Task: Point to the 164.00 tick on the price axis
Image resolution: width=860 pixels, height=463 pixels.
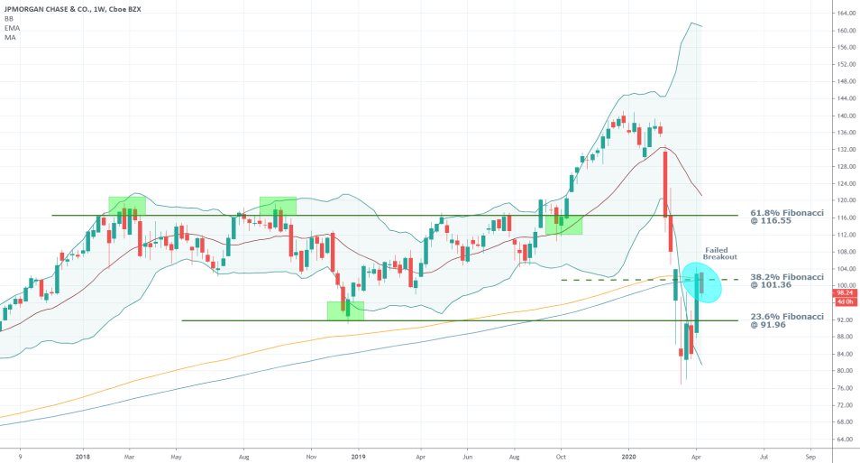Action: [845, 14]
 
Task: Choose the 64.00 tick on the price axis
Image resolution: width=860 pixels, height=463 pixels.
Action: [845, 439]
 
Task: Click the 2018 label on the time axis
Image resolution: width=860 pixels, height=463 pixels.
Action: [83, 454]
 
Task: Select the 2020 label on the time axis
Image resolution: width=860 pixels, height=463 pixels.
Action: [629, 454]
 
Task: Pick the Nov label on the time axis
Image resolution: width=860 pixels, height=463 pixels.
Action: [311, 454]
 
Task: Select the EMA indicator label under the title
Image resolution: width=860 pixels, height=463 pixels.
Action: [12, 28]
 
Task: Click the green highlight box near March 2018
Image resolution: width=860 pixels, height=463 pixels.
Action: [126, 209]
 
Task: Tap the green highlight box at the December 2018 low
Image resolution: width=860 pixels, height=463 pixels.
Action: [345, 310]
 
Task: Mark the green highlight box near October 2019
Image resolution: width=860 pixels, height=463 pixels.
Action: [563, 221]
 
